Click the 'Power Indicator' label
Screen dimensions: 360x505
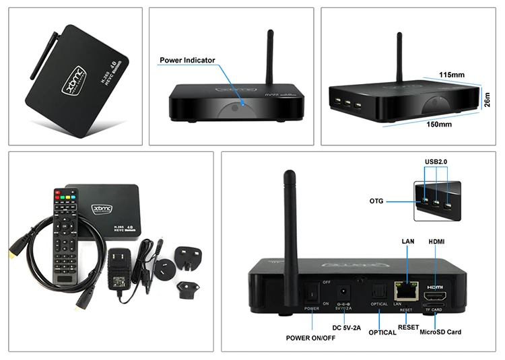click(x=187, y=61)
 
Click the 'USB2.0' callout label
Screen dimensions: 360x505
click(x=436, y=161)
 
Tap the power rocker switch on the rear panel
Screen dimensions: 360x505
click(x=311, y=293)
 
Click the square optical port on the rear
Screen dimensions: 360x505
click(x=380, y=291)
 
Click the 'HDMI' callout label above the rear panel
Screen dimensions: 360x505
click(x=436, y=241)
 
